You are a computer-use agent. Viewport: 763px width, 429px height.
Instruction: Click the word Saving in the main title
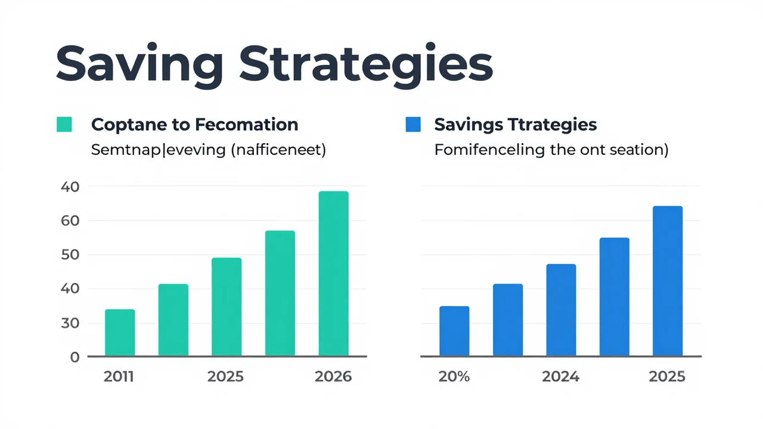pos(139,66)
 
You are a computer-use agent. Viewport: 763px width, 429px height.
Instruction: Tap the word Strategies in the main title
pos(366,66)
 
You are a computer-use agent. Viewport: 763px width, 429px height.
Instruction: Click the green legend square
pos(64,125)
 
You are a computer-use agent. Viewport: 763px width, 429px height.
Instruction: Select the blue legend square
pos(413,125)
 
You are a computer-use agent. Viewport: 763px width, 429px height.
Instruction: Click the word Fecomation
pos(247,125)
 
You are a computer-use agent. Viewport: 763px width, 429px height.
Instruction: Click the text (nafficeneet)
pos(278,150)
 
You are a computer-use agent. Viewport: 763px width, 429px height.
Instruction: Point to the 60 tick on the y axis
pos(70,221)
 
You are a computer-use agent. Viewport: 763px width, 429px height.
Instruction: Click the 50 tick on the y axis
pos(70,255)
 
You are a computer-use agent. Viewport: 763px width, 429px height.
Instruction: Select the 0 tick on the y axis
pos(75,357)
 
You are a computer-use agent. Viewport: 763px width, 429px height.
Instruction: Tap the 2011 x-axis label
pos(119,377)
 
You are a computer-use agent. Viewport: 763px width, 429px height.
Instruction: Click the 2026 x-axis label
pos(333,377)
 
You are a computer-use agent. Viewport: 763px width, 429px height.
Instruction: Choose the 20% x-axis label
pos(454,377)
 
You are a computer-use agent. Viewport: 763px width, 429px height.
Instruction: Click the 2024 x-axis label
pos(561,377)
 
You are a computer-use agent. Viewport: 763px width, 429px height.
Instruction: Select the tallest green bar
pos(333,273)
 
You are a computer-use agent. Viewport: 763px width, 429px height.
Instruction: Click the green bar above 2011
pos(120,332)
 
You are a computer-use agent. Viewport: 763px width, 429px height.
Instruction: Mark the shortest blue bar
pos(454,331)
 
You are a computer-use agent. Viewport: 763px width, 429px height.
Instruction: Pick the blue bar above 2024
pos(562,310)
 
